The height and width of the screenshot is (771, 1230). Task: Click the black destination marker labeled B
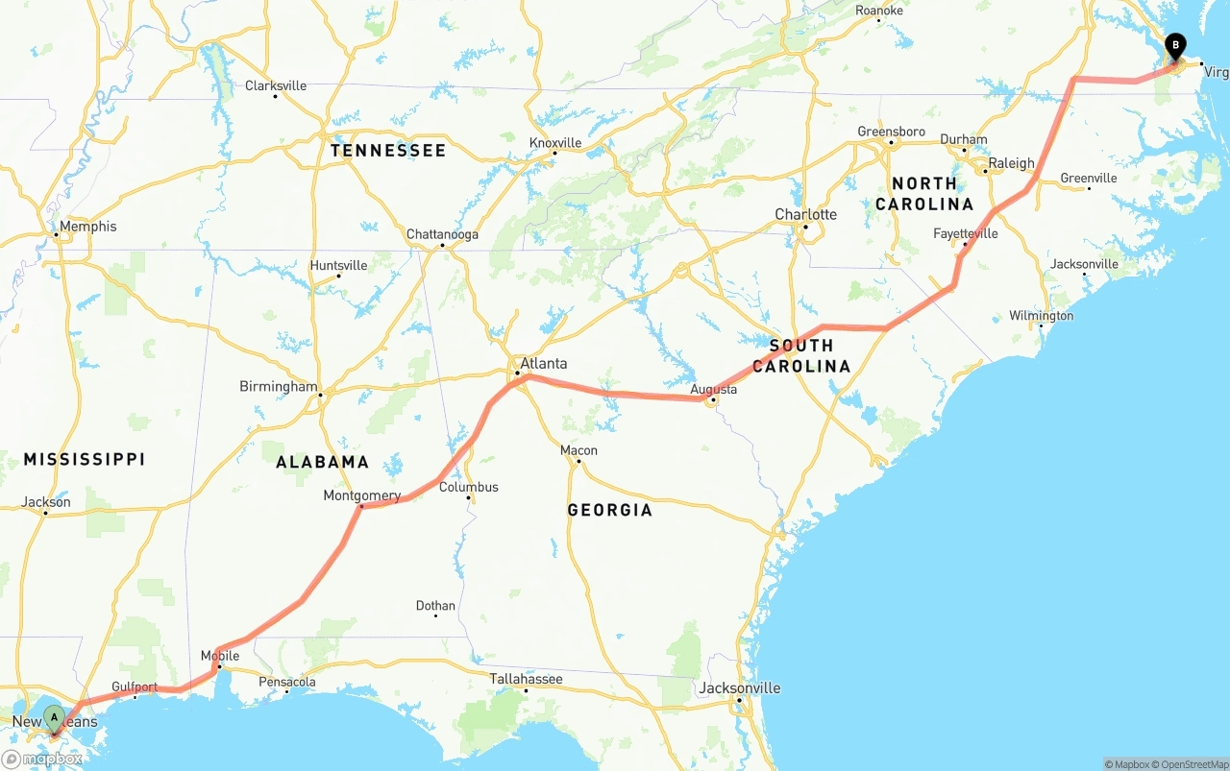pos(1174,46)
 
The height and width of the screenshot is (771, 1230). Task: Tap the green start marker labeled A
pos(55,717)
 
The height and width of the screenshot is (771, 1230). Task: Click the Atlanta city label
pos(543,364)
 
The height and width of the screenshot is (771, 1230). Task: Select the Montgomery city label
pos(362,495)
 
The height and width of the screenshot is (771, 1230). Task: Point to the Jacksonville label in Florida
pos(740,687)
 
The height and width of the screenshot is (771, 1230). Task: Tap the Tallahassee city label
pos(527,679)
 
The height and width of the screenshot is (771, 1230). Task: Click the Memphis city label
pos(87,227)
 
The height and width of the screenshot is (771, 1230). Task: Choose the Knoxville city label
pos(555,143)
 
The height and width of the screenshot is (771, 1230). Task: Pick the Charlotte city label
pos(806,214)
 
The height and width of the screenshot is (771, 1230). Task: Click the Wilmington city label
pos(1041,316)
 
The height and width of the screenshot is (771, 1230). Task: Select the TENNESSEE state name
pos(388,151)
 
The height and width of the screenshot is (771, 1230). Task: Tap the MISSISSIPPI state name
pos(85,459)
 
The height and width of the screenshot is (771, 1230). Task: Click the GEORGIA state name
pos(609,510)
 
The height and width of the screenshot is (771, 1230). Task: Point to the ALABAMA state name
pos(322,462)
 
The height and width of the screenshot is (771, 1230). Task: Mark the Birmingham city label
pos(278,386)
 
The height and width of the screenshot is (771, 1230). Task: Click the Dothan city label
pos(435,606)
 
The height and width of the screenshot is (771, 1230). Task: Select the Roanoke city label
pos(879,11)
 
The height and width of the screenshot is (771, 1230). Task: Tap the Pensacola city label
pos(287,683)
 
